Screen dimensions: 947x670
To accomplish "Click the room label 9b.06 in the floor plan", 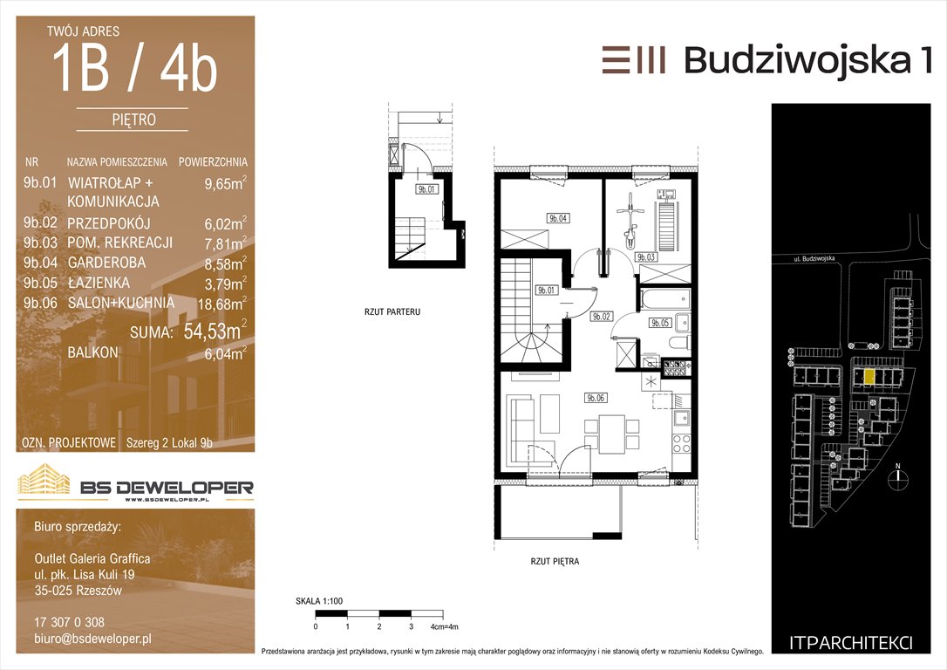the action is pos(596,398).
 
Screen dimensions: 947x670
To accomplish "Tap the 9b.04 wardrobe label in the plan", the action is pos(558,218).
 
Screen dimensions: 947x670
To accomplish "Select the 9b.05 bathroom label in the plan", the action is pos(660,323).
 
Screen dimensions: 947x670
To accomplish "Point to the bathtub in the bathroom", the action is pos(665,298).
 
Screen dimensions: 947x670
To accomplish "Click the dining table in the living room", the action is pos(612,434).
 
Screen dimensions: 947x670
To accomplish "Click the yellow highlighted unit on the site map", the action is pos(869,378).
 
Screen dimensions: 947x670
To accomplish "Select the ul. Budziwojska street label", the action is pos(814,259).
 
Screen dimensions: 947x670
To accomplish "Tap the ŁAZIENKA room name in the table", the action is pos(99,283).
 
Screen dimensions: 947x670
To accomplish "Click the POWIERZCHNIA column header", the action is pos(213,162).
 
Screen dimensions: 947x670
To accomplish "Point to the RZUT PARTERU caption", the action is pos(392,311).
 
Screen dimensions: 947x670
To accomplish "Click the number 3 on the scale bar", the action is pos(412,626).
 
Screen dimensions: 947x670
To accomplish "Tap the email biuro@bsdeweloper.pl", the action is pos(93,639).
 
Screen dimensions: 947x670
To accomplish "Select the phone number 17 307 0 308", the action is pos(70,622).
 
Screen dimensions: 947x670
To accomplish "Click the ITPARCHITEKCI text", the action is pos(851,643).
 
